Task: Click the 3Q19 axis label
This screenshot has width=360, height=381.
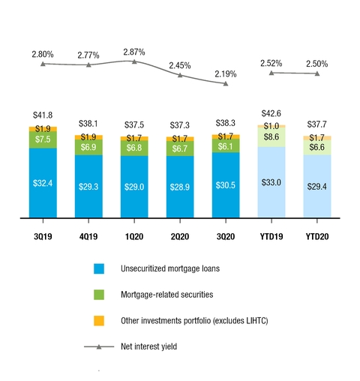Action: [x=43, y=235]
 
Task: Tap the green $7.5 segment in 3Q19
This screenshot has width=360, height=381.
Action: [x=43, y=139]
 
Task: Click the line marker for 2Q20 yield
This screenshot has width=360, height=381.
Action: [x=180, y=75]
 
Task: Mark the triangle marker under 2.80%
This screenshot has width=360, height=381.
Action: [x=43, y=64]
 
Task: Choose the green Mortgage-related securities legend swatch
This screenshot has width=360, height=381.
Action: [x=100, y=295]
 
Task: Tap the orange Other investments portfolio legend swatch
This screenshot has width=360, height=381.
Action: [x=100, y=321]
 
